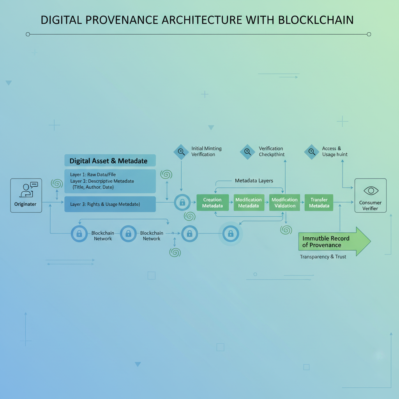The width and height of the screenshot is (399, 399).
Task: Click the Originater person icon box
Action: pos(26,195)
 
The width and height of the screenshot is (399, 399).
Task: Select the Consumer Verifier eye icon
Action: pos(371,191)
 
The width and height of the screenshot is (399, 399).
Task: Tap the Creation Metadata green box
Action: pos(212,203)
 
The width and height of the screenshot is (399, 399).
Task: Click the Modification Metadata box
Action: pos(249,203)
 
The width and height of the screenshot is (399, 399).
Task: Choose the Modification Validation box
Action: pos(284,203)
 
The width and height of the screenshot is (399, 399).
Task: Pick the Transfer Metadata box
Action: pos(319,203)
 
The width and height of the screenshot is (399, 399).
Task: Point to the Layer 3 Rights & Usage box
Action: pos(109,204)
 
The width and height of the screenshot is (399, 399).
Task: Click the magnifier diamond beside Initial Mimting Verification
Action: pos(181,152)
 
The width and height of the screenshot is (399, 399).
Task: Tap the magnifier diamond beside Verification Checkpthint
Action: pos(247,152)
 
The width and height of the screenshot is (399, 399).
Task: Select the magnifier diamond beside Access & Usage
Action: pos(311,152)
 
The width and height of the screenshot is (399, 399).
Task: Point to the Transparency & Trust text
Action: pos(323,257)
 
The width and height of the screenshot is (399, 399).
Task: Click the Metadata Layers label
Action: pos(254,181)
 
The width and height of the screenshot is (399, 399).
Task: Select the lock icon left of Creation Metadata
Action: pos(182,202)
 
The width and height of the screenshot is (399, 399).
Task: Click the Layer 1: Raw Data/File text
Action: pos(93,175)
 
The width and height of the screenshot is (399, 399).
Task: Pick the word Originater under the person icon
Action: pos(25,204)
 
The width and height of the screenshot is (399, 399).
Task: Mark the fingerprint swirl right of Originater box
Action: pos(57,184)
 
